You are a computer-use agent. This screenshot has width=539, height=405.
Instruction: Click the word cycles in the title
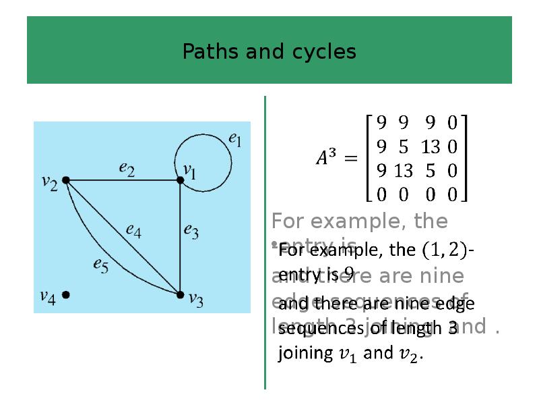(324, 52)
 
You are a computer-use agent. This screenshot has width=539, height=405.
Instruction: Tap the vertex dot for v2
(66, 180)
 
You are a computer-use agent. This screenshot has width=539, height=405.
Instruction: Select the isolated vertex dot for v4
(66, 294)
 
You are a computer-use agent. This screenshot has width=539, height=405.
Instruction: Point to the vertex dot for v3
(180, 294)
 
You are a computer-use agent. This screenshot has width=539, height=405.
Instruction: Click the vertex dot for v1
(180, 180)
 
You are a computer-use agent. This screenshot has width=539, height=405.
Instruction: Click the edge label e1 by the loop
(235, 139)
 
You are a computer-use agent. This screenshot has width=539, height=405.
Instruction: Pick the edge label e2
(126, 169)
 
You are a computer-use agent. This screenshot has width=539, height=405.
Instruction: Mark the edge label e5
(100, 265)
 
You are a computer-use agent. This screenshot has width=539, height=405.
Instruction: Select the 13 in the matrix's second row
(429, 146)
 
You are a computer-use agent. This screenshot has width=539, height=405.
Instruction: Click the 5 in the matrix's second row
(403, 146)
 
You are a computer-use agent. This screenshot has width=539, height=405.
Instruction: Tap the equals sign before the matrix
(350, 159)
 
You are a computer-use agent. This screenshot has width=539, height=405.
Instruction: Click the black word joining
(306, 353)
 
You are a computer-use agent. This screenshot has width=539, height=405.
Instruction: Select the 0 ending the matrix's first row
(452, 123)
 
